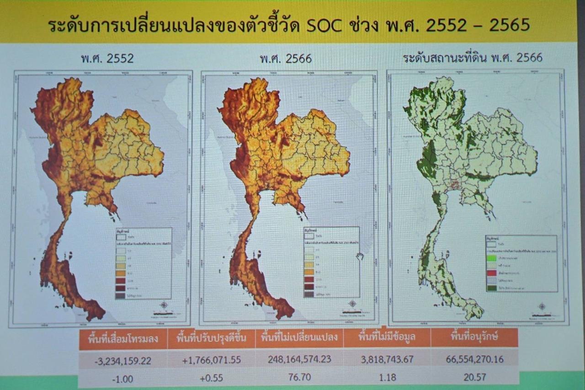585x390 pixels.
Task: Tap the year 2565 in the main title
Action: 509,25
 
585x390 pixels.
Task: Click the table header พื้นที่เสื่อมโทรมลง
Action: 122,339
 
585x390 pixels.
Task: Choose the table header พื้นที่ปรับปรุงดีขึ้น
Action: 211,339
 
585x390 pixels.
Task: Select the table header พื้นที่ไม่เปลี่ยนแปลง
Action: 299,338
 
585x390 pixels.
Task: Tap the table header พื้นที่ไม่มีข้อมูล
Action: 387,338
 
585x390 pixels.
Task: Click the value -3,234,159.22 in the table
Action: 122,361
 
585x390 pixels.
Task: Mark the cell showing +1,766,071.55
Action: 211,360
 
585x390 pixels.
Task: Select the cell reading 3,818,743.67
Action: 387,359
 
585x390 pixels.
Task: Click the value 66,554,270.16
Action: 474,359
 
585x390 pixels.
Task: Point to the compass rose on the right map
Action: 542,307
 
